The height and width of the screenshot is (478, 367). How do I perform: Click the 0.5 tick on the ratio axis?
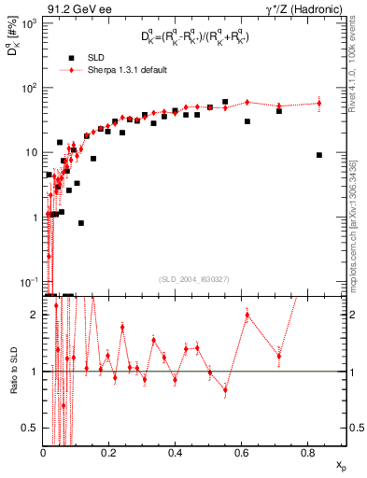tap(33, 428)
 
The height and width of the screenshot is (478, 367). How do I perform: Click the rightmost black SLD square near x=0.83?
tap(319, 155)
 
